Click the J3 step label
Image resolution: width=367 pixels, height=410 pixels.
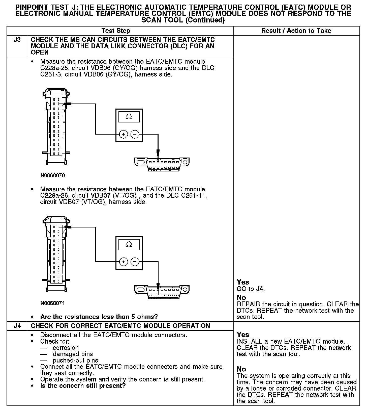[17, 40]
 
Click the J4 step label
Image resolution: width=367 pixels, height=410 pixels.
[17, 326]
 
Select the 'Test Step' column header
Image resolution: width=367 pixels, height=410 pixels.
[116, 31]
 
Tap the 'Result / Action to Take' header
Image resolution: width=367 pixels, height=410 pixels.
[296, 31]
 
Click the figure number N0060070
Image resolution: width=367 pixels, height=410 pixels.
[53, 175]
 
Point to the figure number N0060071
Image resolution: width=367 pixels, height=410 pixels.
[53, 303]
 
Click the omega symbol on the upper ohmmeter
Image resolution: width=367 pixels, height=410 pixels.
[129, 117]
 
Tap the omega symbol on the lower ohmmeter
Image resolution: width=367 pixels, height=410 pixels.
[129, 244]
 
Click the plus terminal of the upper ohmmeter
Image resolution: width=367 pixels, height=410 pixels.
[123, 134]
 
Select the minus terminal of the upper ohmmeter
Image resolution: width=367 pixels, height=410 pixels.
[135, 134]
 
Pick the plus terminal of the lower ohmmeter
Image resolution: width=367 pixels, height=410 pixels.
[123, 262]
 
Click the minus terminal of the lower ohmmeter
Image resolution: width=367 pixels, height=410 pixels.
[135, 262]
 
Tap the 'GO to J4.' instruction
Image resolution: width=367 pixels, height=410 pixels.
[251, 289]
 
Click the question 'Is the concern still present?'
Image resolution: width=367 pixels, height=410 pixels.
[83, 386]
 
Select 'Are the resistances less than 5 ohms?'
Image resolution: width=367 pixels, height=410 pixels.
[99, 317]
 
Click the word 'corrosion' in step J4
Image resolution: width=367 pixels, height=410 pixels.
[66, 348]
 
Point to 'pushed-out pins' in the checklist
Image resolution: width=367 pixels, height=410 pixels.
[75, 360]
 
